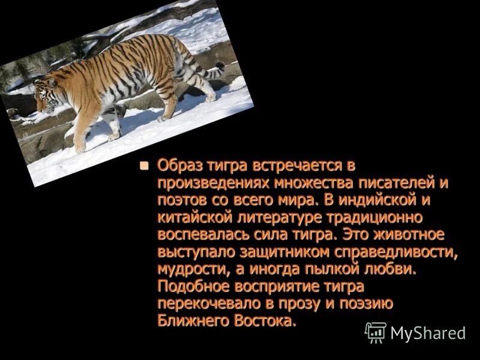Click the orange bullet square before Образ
[x=143, y=166]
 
